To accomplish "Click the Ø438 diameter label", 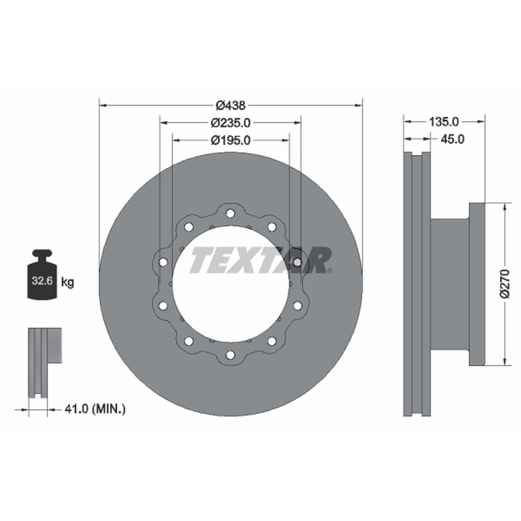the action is click(x=231, y=106).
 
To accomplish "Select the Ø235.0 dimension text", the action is click(x=231, y=123).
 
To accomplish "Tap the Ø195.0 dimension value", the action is click(x=231, y=141).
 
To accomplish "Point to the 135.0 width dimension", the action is click(x=444, y=122).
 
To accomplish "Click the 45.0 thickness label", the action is click(x=452, y=139).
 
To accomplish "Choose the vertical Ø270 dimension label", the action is click(x=505, y=285).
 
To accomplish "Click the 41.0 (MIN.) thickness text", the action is click(x=95, y=409).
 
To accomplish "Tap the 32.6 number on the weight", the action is click(x=42, y=281).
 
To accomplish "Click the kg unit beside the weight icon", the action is click(x=68, y=283).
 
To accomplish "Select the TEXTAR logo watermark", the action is click(x=261, y=260).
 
